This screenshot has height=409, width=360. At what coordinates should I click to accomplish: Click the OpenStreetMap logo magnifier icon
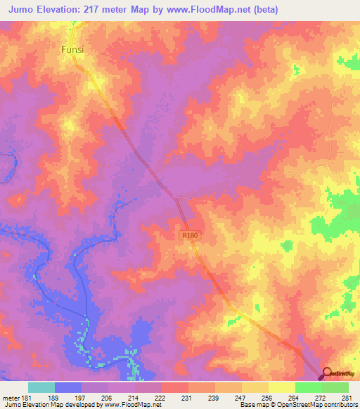point(328,373)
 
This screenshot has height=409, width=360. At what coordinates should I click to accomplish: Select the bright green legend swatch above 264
point(308,387)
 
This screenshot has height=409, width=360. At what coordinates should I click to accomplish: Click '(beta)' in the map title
point(265,10)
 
